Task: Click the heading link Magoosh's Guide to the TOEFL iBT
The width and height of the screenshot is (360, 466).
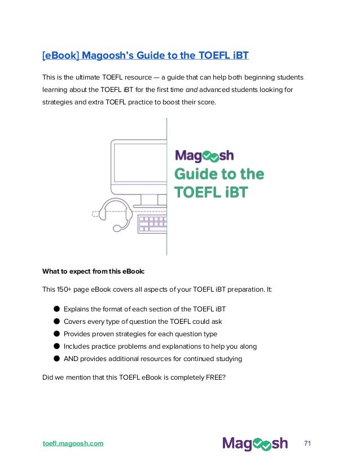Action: pos(146,55)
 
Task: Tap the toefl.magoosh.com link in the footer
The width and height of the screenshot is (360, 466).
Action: pos(73,443)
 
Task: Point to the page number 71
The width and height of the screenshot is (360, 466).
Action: pos(308,443)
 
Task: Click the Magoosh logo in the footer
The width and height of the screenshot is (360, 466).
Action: pos(254,443)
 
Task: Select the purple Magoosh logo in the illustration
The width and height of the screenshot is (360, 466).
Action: pos(204,155)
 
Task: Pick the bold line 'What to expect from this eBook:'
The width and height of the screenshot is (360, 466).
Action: pos(94,271)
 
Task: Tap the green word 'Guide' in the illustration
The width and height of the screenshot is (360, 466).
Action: pos(195,173)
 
